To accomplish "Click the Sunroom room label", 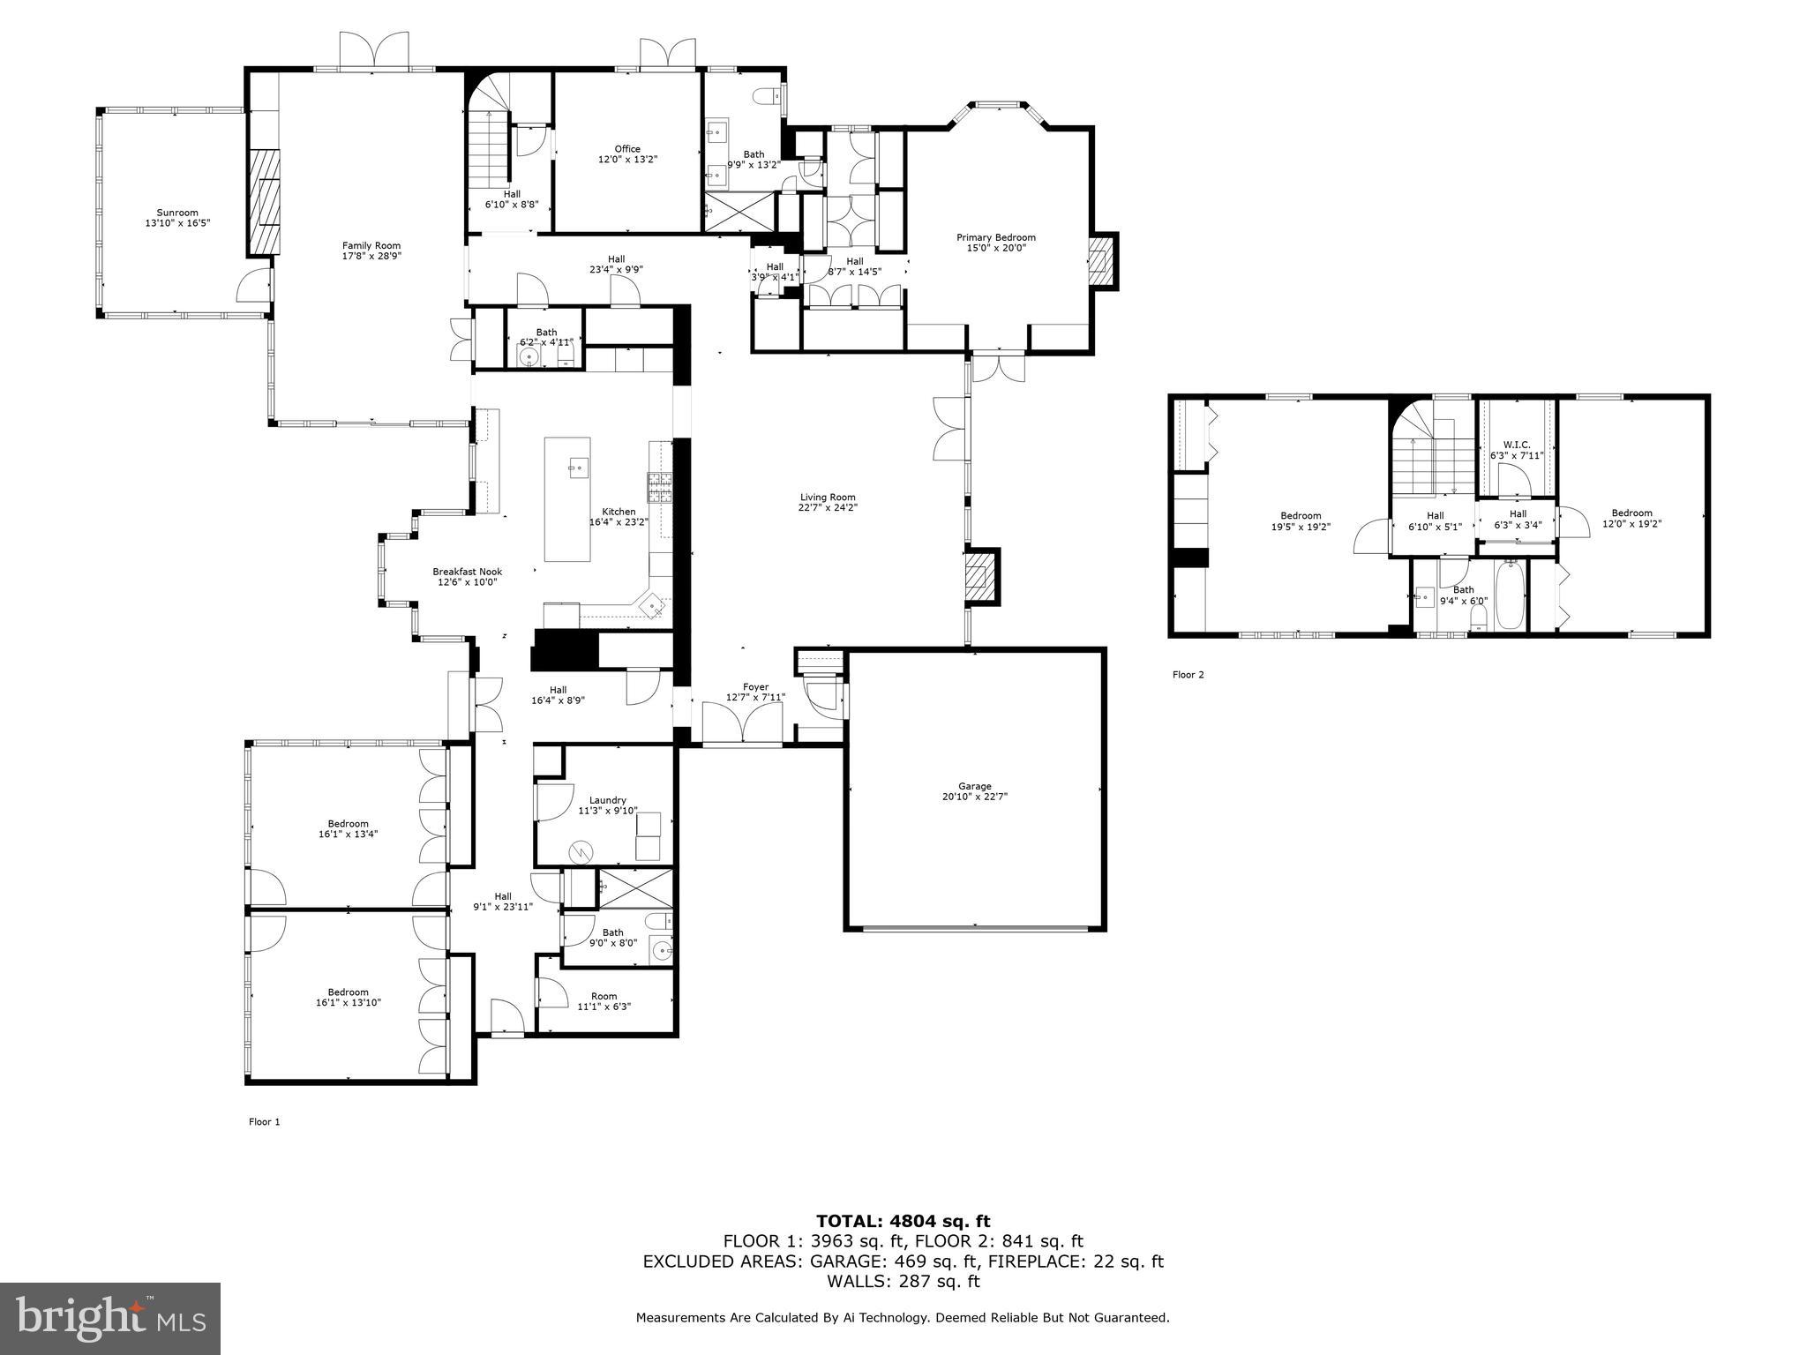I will click(177, 213).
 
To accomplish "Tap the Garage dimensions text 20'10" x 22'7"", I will click(974, 796).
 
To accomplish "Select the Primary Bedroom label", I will click(995, 237).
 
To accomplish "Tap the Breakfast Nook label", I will click(467, 572).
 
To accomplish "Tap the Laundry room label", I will click(608, 800).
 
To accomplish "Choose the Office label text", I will click(627, 149).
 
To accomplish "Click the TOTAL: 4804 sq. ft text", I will click(903, 1221).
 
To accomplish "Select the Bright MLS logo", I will click(110, 1318).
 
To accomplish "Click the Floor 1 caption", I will click(264, 1122).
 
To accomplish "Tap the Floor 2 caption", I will click(1188, 675).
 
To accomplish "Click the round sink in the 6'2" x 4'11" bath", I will click(529, 357).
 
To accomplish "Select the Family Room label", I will click(371, 246).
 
